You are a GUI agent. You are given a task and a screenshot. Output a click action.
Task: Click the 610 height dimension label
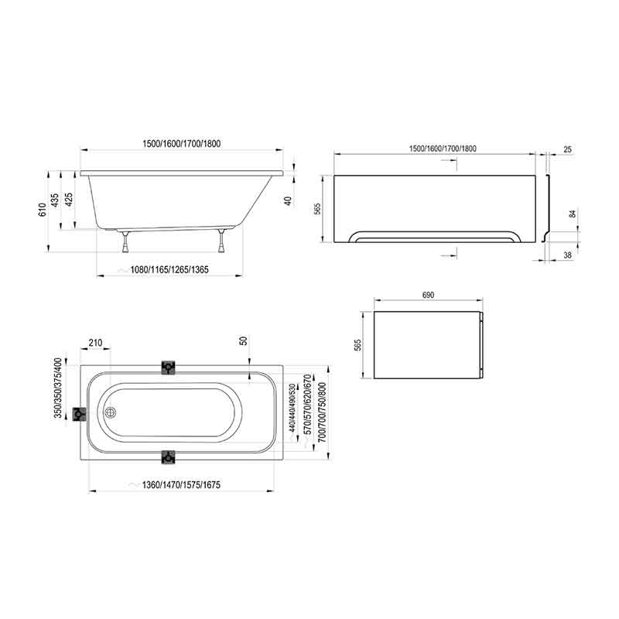click(43, 210)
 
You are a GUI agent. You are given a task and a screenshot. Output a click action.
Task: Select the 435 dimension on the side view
click(55, 200)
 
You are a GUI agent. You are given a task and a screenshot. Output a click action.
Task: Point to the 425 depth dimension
click(68, 200)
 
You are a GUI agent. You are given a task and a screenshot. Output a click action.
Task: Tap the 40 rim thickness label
click(289, 201)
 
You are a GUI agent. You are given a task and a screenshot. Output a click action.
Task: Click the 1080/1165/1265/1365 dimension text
click(169, 270)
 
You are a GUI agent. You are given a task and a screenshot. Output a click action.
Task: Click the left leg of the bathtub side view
click(125, 241)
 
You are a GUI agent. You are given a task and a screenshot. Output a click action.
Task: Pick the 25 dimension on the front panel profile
click(567, 149)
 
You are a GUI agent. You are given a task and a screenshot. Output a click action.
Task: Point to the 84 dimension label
click(572, 214)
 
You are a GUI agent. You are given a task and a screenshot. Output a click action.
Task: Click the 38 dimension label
click(567, 255)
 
